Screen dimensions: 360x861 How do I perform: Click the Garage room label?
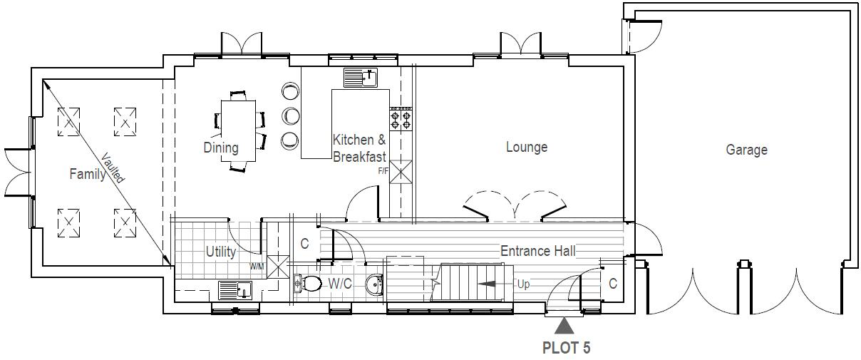746,150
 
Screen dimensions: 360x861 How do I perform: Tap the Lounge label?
527,147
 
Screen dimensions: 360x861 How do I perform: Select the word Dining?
221,148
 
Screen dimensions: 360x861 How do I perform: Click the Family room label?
88,173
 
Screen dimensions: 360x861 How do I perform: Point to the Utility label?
221,251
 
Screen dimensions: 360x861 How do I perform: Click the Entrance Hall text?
537,251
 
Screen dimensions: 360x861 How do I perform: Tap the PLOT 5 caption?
566,348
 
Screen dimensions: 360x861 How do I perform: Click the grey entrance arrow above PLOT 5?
564,326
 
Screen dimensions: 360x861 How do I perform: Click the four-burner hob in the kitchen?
401,118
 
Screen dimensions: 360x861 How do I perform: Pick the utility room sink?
235,290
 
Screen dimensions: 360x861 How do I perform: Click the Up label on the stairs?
524,284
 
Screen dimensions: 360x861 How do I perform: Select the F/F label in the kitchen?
383,171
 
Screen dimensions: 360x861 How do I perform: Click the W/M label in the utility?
256,267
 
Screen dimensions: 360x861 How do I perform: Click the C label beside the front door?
612,284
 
